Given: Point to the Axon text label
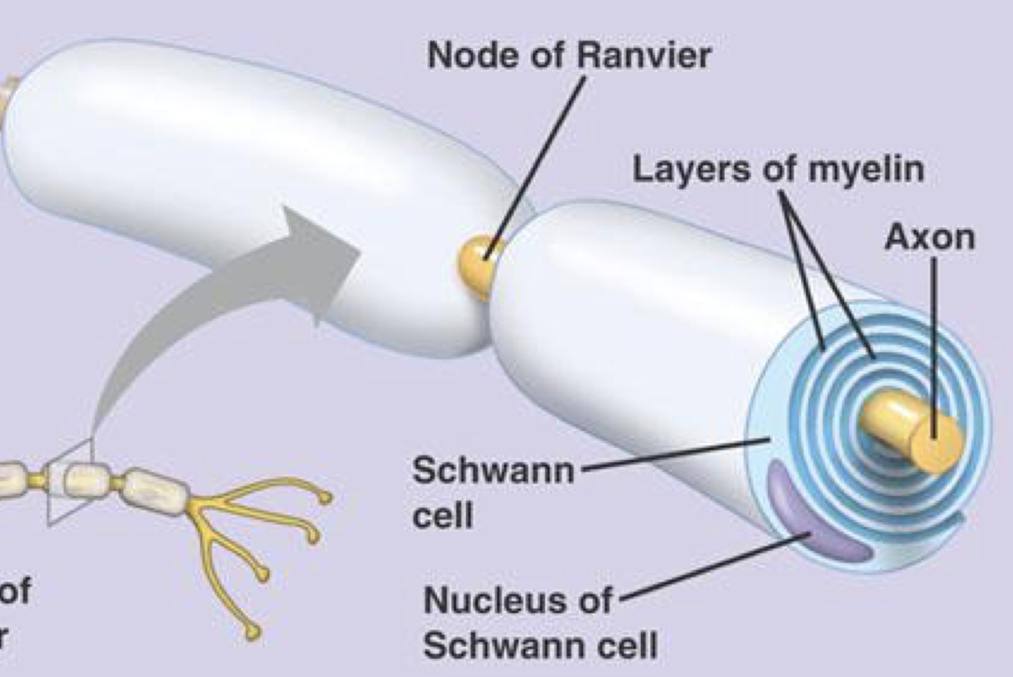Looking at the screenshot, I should [930, 238].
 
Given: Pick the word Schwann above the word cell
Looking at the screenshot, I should [493, 470].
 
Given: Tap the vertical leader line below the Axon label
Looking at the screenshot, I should [934, 344].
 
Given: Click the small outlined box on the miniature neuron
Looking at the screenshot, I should [70, 481].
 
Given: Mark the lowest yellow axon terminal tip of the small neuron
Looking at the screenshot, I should [253, 632].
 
